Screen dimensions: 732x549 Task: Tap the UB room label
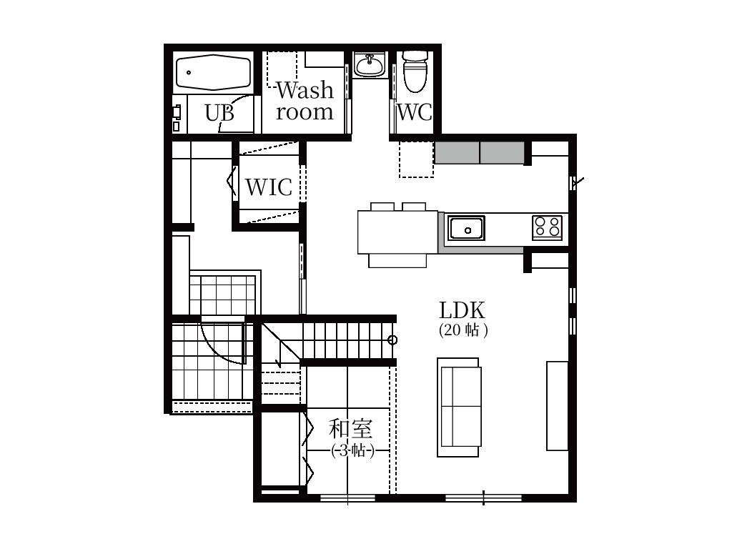coord(219,113)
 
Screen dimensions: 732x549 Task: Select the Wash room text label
coord(305,102)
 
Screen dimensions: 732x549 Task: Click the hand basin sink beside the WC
coord(370,64)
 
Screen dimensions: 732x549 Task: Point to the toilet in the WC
coord(415,71)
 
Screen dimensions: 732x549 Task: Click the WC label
coord(414,112)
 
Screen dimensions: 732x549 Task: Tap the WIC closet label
coord(269,187)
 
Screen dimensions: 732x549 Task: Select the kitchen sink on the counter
coord(466,228)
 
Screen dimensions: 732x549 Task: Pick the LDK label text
coord(463,310)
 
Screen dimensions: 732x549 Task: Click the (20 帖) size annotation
coord(463,330)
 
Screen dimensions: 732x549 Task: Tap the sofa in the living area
coord(459,407)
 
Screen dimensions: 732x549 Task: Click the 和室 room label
coord(350,429)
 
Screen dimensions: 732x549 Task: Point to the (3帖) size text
coord(353,451)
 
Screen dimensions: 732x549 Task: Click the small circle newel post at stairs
coord(392,340)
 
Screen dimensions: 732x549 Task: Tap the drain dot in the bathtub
coord(189,73)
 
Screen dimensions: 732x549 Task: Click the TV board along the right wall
coord(558,406)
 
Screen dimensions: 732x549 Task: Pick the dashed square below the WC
coord(417,159)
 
